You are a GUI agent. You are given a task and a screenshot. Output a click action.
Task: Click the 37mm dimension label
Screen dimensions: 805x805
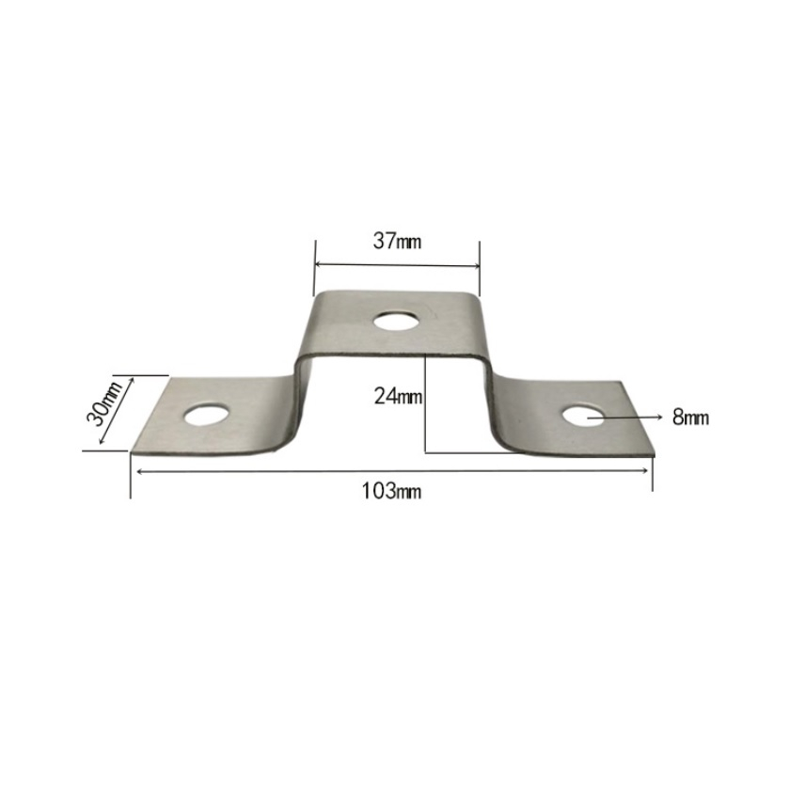(397, 241)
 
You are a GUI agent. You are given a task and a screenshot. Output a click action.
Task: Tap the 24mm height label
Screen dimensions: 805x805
(398, 396)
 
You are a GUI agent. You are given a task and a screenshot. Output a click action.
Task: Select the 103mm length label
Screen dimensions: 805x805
(392, 491)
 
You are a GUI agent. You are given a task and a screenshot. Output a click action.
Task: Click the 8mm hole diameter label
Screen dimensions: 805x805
(690, 418)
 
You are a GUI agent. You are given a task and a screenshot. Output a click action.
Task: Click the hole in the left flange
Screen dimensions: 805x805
(206, 415)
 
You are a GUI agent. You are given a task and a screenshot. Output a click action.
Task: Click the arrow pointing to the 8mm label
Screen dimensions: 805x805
(625, 418)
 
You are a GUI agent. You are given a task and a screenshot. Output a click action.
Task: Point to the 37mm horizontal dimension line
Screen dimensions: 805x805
(397, 265)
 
